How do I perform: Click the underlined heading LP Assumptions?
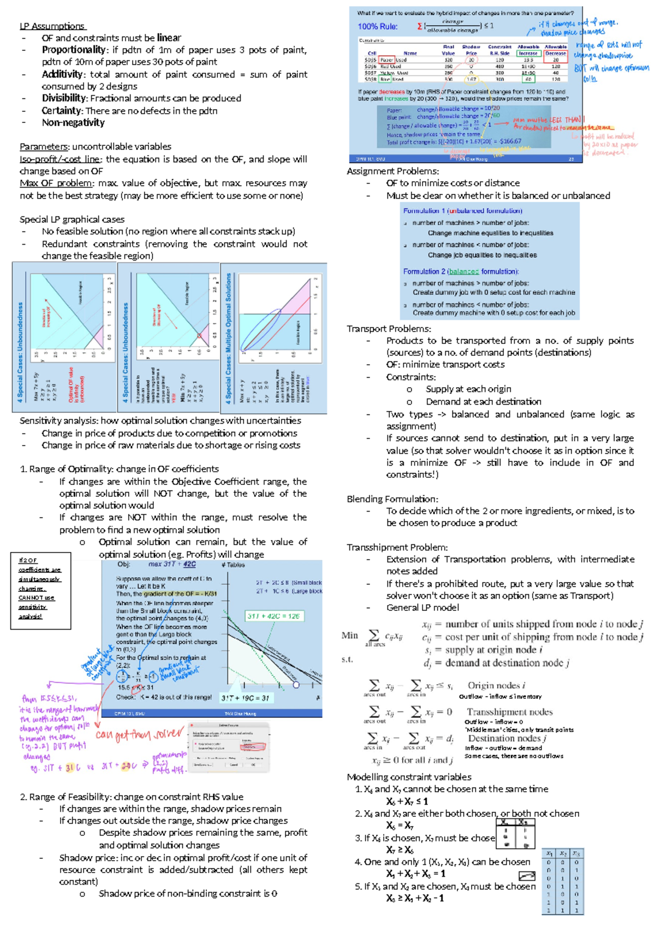coord(52,26)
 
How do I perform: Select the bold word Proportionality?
coord(74,50)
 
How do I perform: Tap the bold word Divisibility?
coord(64,98)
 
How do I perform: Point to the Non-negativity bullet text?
coord(73,122)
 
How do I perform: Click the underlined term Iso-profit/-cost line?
coord(61,159)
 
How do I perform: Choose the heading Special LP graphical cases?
coord(72,219)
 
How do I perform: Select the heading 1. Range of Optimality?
coord(119,468)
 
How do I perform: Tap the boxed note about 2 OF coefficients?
coord(40,588)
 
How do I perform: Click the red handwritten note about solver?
coord(139,734)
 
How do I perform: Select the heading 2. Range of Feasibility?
coord(132,797)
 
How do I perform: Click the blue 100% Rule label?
coord(378,26)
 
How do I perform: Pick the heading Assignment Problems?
coord(392,171)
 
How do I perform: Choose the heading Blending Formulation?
coord(392,498)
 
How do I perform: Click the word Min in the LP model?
coord(349,635)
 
